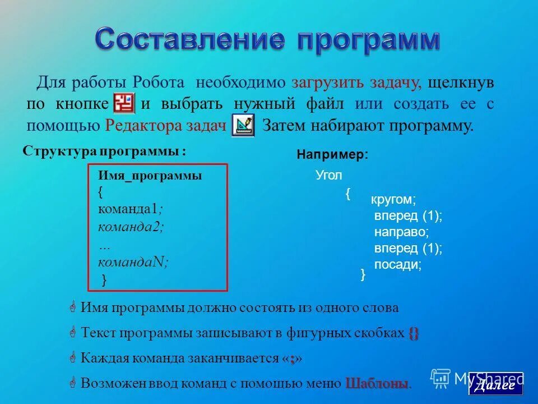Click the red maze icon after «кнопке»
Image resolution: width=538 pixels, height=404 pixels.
tap(124, 103)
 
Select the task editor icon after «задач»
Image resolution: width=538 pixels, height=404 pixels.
tap(243, 125)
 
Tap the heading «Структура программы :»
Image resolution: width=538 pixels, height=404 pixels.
tap(104, 151)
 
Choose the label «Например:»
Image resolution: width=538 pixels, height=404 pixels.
tap(333, 155)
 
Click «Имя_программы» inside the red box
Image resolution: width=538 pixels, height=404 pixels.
tap(150, 176)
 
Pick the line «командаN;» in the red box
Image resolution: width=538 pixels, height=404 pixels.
tap(133, 261)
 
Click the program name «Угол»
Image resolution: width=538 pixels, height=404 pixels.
tap(329, 175)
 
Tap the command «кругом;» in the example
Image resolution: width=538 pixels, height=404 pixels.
tap(394, 200)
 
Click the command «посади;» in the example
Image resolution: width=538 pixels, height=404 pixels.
tap(397, 264)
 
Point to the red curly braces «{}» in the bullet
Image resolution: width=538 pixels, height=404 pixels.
tap(414, 333)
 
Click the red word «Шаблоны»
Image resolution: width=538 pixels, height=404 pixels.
tap(378, 384)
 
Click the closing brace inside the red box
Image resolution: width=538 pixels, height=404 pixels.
tap(104, 279)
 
